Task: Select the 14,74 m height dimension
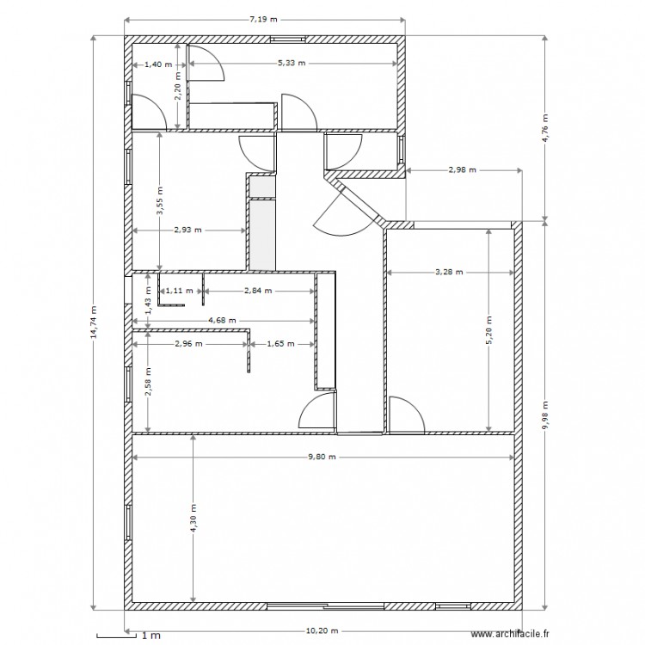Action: (x=94, y=322)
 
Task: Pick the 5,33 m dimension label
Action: (x=292, y=64)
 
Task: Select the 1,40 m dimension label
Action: (x=157, y=64)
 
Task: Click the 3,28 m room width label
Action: (x=449, y=272)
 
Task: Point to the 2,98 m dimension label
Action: (x=463, y=169)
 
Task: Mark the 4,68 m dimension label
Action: (x=223, y=321)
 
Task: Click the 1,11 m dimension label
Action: (x=178, y=291)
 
